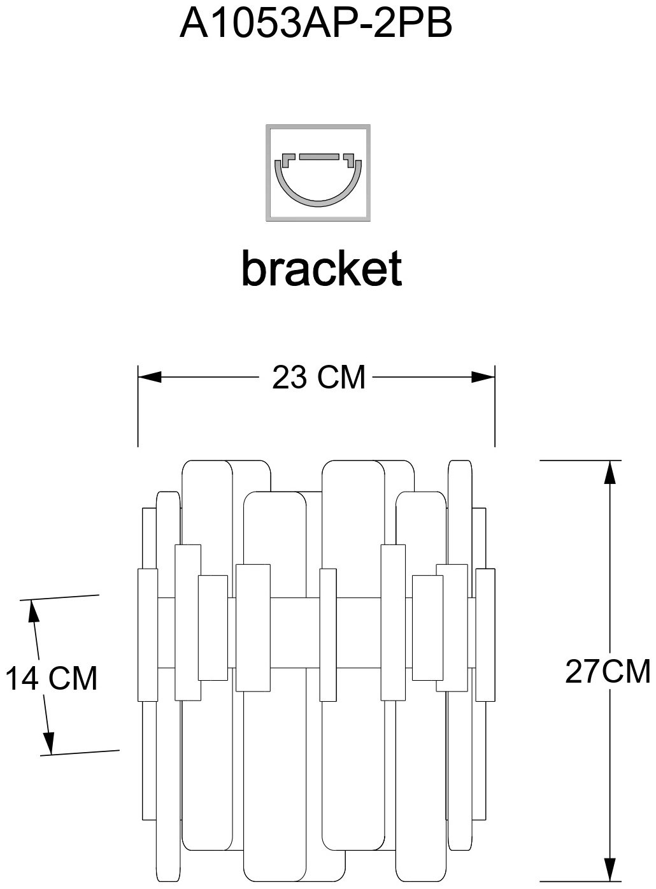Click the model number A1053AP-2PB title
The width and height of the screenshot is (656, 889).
tap(315, 24)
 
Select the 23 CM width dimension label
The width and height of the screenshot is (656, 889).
tap(319, 377)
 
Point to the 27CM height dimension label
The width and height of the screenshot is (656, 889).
tap(608, 671)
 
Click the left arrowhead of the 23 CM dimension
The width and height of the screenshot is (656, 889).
tap(150, 377)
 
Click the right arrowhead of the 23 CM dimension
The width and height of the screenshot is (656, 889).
tap(483, 377)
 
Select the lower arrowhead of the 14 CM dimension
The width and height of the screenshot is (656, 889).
tap(49, 743)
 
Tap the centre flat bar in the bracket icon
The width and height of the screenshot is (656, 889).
tap(320, 156)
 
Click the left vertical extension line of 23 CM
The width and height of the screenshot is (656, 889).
tap(138, 406)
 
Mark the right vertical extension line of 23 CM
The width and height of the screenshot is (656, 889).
tap(495, 406)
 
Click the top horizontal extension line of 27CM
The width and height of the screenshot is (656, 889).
tap(581, 460)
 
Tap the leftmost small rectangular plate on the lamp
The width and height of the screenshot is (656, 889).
tap(148, 635)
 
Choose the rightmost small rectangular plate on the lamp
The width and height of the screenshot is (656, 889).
tap(485, 635)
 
